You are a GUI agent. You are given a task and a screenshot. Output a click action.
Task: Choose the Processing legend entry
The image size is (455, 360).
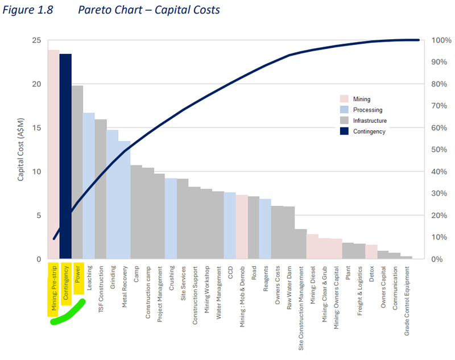367,110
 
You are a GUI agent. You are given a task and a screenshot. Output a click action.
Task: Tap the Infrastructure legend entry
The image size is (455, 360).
370,121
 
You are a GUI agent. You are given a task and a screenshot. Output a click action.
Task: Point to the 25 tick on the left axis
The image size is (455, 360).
36,40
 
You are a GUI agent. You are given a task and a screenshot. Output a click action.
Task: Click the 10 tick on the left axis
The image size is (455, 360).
36,172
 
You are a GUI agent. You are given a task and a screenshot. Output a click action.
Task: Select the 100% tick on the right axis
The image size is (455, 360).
441,40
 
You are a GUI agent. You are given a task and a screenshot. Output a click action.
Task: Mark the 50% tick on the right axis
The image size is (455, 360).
439,150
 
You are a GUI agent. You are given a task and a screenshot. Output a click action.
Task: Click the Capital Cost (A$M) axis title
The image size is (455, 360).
21,150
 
